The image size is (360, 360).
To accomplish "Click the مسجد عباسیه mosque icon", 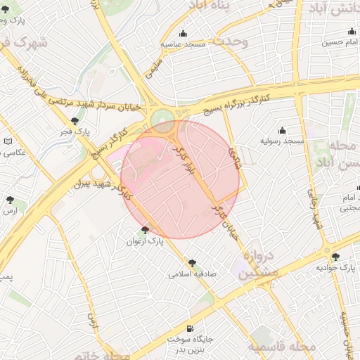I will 184,33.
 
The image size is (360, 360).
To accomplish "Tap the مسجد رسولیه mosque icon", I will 283,131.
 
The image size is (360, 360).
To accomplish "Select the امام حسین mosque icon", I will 351,32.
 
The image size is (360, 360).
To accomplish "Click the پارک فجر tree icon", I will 75,121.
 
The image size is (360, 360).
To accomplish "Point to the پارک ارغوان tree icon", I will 145,229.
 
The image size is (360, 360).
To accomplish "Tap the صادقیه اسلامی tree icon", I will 192,262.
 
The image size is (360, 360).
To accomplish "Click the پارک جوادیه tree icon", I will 335,257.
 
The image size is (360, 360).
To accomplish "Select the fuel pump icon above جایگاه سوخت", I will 190,328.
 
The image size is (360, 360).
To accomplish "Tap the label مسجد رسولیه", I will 283,141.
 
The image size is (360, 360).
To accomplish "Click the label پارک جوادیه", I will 333,268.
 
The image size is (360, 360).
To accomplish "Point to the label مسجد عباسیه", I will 184,44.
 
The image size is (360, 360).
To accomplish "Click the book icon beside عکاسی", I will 8,141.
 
